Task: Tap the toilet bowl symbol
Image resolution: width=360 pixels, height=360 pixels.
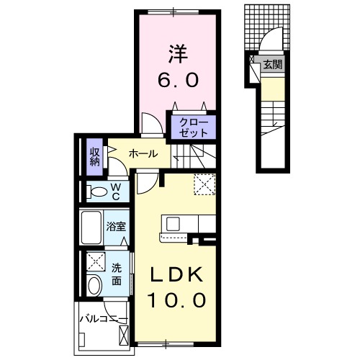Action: coord(94,192)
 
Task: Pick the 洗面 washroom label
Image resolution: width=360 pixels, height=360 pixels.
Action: coord(117,274)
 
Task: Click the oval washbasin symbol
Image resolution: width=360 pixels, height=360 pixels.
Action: coord(94,286)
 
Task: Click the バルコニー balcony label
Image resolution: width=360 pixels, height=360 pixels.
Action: coord(102,318)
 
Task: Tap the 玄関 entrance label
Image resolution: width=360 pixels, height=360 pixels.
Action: coord(271,65)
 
